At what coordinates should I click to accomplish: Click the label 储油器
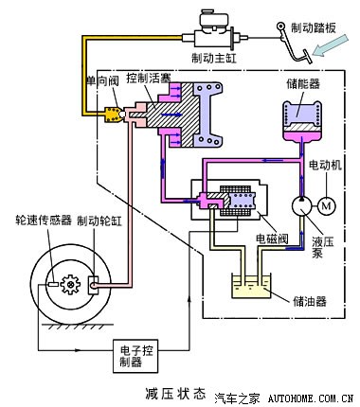tap(308, 302)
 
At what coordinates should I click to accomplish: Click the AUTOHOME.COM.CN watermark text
tap(308, 398)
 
